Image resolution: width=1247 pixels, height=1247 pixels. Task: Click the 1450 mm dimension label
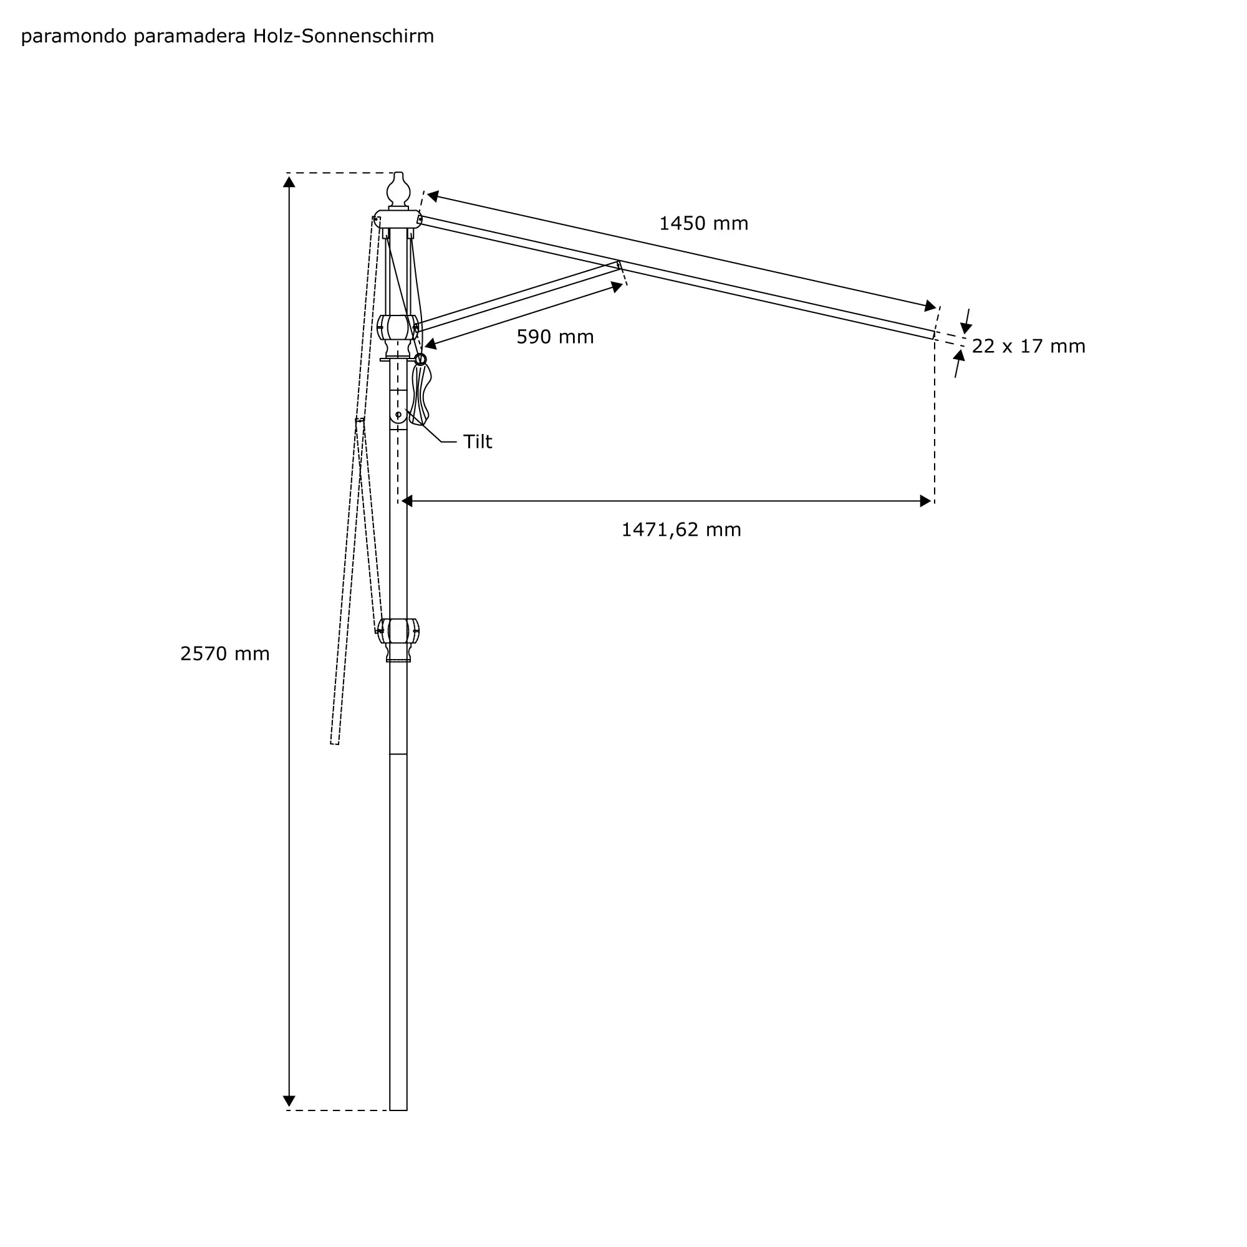[703, 223]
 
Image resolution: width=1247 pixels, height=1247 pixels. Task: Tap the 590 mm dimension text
[555, 337]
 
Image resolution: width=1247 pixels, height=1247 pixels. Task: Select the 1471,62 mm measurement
[681, 530]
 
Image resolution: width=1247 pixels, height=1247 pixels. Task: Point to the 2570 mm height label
[224, 654]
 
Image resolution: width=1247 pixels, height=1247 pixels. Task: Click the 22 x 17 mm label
[1029, 347]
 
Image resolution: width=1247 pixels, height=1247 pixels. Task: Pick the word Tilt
[478, 441]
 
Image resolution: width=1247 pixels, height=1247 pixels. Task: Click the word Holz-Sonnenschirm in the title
[344, 36]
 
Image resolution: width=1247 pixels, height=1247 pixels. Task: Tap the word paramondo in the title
[74, 37]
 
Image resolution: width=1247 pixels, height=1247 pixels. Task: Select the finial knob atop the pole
[398, 189]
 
